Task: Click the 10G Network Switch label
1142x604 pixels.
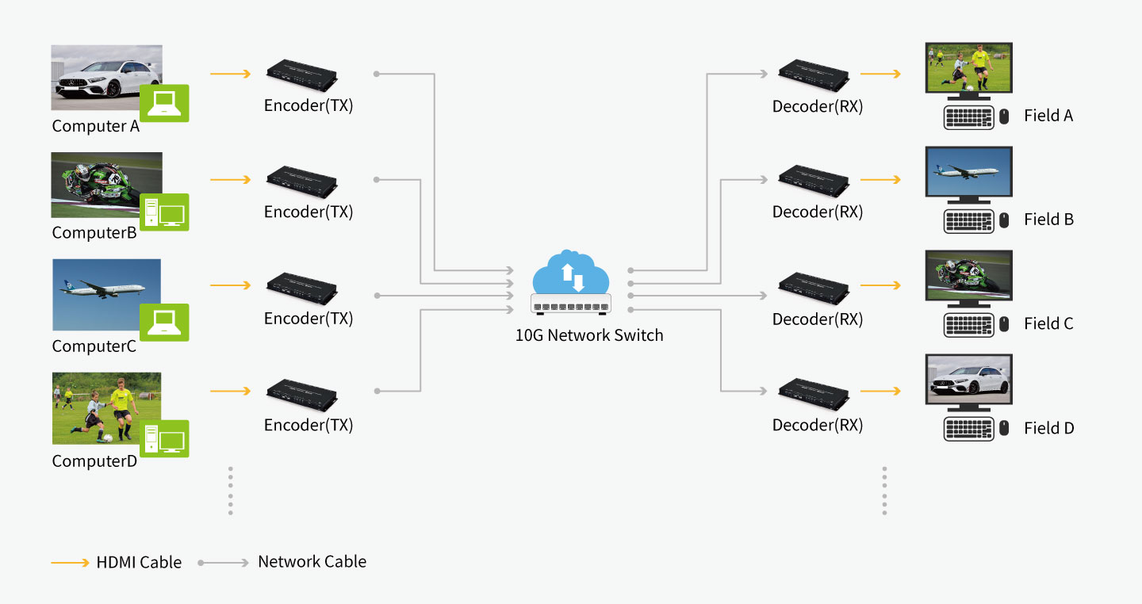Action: (x=589, y=335)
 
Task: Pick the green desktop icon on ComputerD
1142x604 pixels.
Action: (x=164, y=438)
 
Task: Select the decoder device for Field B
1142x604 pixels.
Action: (x=814, y=181)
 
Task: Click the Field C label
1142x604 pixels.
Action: (x=1048, y=323)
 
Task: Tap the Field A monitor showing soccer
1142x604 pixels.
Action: (x=968, y=67)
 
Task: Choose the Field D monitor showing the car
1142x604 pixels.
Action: (x=968, y=380)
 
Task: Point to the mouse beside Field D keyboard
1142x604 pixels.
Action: (x=1004, y=429)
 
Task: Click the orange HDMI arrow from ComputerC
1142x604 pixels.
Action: (x=230, y=285)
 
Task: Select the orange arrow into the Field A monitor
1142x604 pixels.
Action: (x=880, y=75)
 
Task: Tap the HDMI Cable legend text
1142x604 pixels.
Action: (x=139, y=563)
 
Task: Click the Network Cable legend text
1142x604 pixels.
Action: (x=312, y=562)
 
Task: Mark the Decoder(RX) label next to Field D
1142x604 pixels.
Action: (x=818, y=426)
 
